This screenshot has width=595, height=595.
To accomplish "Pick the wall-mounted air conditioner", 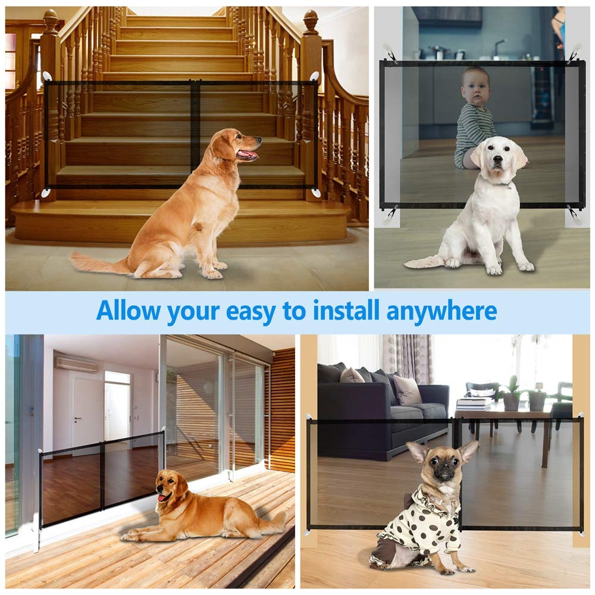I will point(76,364).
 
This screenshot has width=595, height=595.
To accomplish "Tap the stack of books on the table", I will point(473,405).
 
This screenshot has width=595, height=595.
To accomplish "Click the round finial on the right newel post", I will point(311,21).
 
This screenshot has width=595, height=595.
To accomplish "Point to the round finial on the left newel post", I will point(51,21).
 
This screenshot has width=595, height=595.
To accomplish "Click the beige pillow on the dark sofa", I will point(407,390).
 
